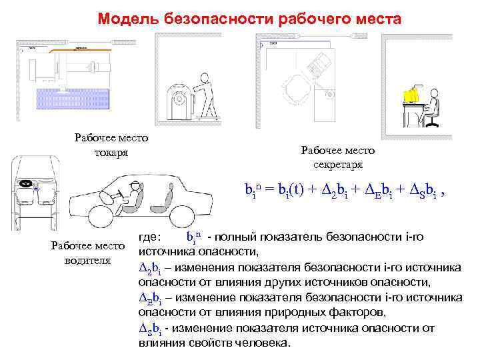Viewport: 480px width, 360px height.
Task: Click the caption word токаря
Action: (x=111, y=155)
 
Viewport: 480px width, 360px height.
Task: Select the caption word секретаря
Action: (x=338, y=164)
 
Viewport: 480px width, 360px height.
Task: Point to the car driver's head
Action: (x=137, y=187)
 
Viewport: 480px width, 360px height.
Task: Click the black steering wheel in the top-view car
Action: (x=26, y=183)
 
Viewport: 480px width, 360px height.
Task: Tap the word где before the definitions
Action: (x=151, y=237)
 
